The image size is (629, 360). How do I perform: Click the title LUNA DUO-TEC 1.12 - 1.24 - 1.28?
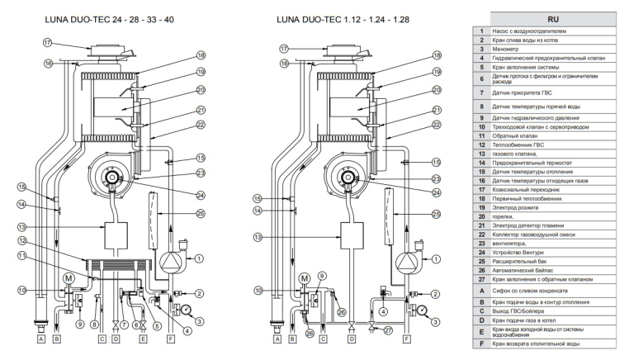pos(340,17)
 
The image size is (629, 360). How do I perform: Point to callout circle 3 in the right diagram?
pos(433,320)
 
